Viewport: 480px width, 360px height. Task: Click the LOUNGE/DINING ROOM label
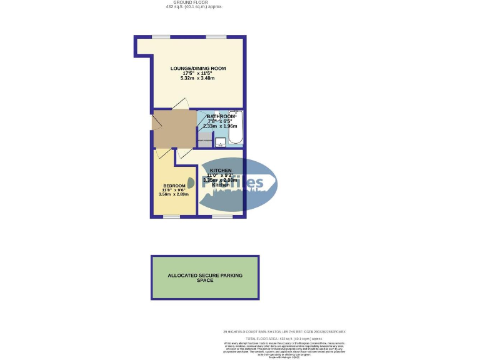(198, 68)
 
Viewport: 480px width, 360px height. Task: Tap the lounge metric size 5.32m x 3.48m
(197, 78)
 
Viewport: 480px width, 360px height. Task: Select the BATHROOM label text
(221, 117)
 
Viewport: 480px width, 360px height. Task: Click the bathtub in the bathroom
(232, 128)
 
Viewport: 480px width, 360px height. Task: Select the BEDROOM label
(174, 186)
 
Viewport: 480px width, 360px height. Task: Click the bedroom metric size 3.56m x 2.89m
(174, 194)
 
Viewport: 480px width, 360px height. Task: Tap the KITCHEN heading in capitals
(221, 171)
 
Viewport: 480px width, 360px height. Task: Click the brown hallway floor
(174, 128)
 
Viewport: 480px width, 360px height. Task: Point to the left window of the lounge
(161, 37)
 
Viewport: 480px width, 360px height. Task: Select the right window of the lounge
(216, 37)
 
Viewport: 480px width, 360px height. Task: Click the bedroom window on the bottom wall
(171, 216)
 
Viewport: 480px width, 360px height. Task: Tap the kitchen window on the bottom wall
(221, 216)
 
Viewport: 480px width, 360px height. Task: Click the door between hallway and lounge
(181, 104)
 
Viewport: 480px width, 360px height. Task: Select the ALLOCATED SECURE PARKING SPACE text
(204, 277)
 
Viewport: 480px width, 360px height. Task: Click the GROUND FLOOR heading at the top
(194, 3)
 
